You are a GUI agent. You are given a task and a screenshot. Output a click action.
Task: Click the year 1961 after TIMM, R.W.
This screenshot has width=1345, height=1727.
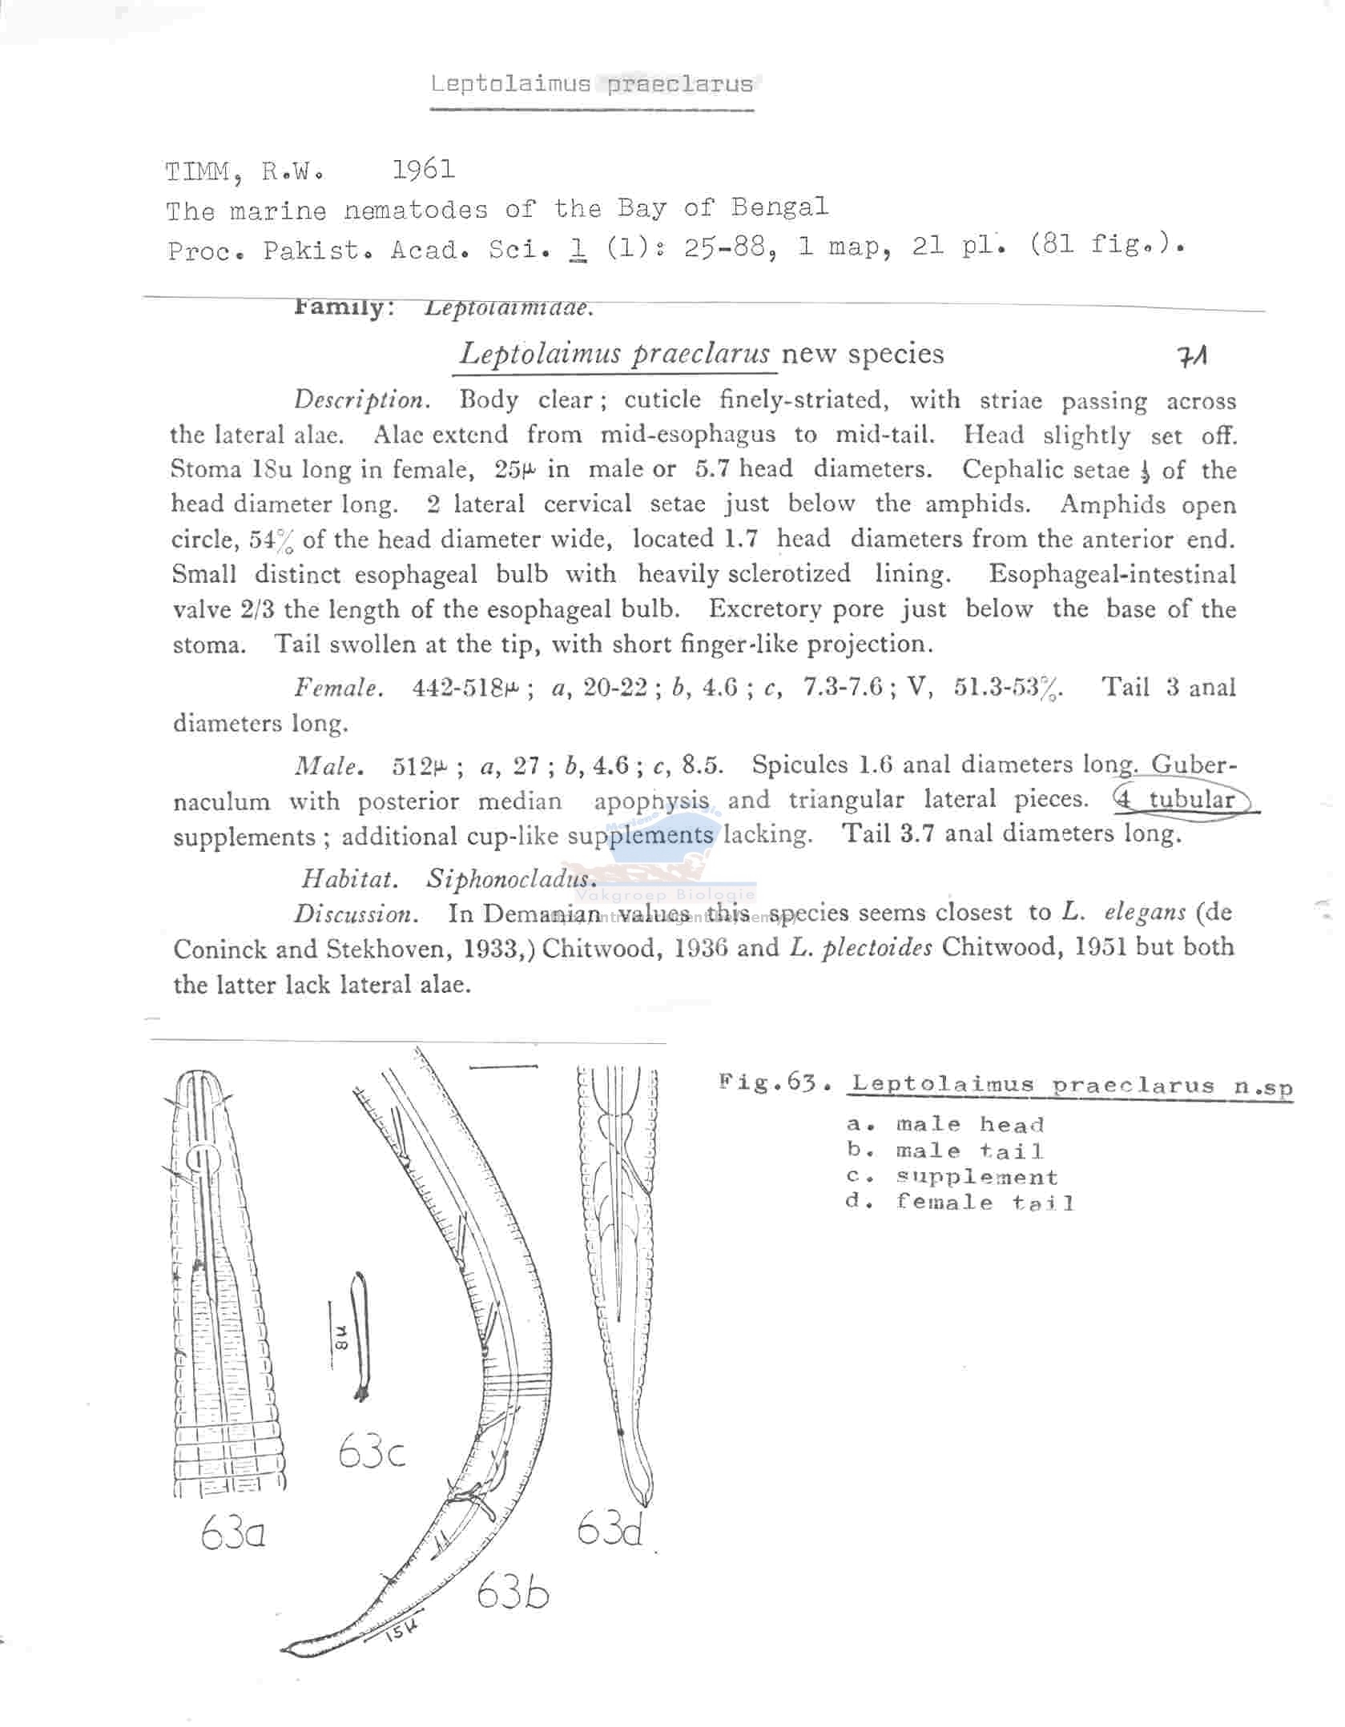click(423, 170)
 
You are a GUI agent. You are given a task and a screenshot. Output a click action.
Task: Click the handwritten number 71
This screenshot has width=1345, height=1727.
click(1193, 355)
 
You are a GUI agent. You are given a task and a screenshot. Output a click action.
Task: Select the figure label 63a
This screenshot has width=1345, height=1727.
click(233, 1534)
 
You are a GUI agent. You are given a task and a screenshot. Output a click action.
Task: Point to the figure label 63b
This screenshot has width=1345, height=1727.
click(513, 1594)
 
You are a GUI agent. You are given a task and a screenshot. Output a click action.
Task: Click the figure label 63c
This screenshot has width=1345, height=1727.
click(372, 1451)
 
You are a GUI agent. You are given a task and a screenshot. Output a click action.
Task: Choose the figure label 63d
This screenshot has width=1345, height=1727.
click(610, 1530)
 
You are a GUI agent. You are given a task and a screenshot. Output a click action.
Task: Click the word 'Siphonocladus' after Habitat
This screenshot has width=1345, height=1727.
click(511, 878)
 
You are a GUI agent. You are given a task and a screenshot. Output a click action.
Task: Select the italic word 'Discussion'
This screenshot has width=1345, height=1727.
click(354, 914)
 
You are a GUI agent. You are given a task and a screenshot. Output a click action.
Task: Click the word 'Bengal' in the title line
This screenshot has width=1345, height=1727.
click(779, 207)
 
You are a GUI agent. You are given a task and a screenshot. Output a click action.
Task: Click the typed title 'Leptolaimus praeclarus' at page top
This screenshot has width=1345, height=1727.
click(591, 84)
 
